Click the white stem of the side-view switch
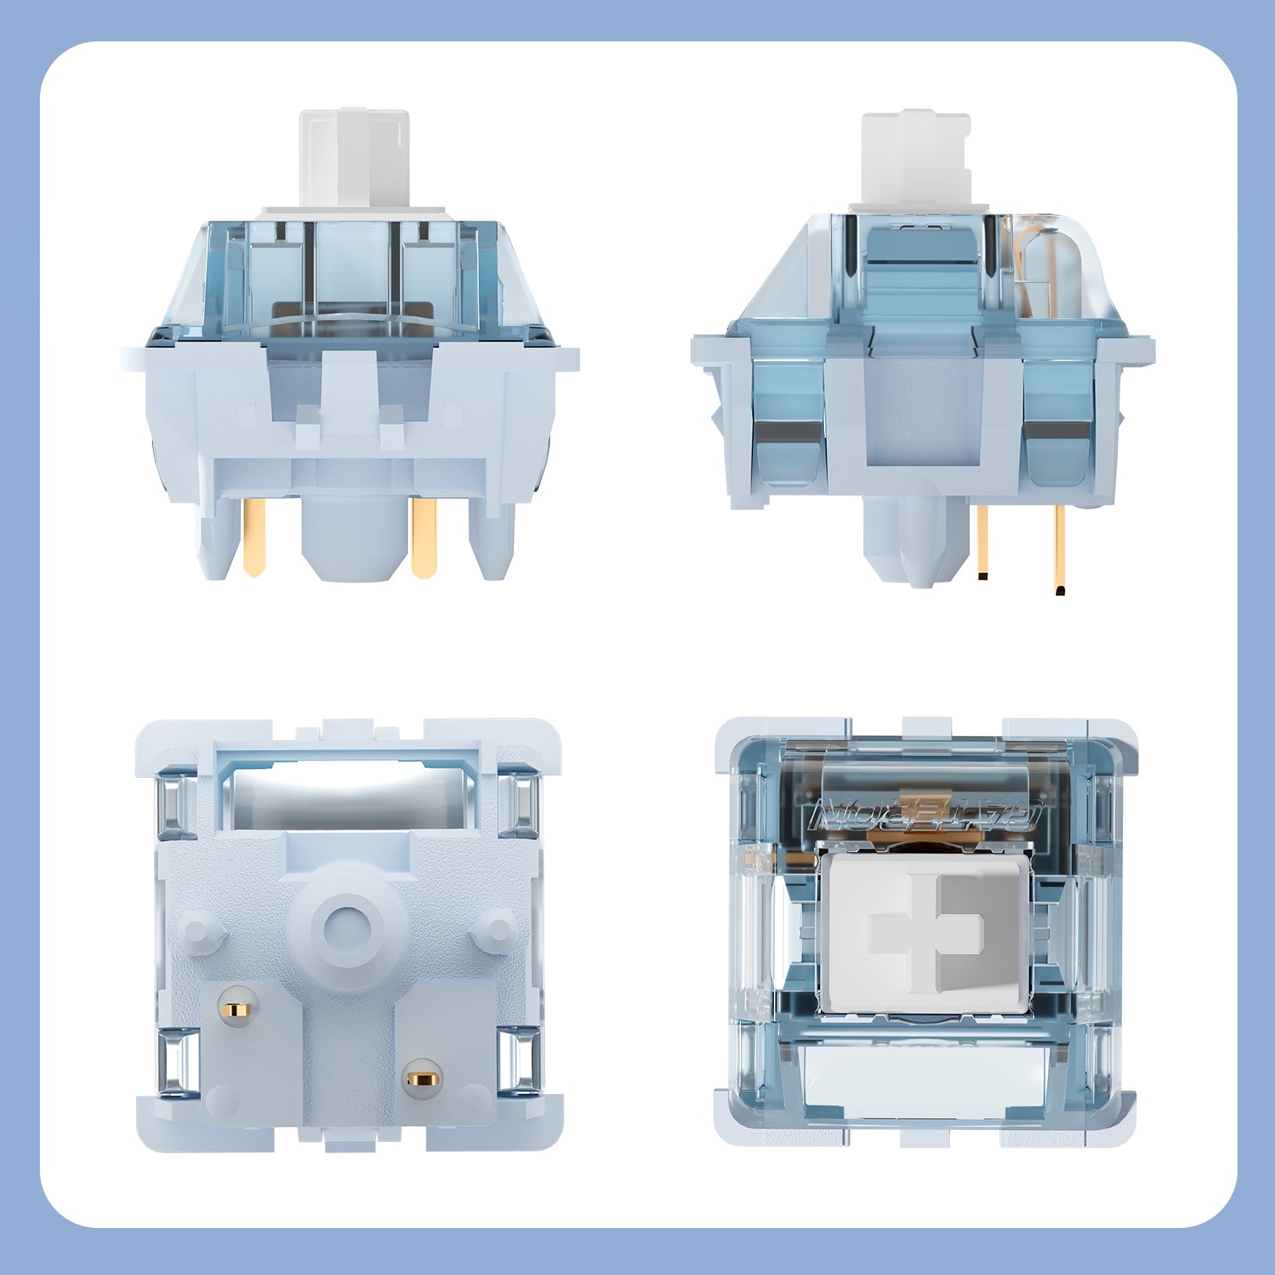pyautogui.click(x=916, y=159)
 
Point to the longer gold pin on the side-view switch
pyautogui.click(x=1060, y=550)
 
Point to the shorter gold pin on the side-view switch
pyautogui.click(x=983, y=542)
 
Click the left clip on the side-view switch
pyautogui.click(x=789, y=422)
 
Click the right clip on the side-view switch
pyautogui.click(x=1057, y=422)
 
